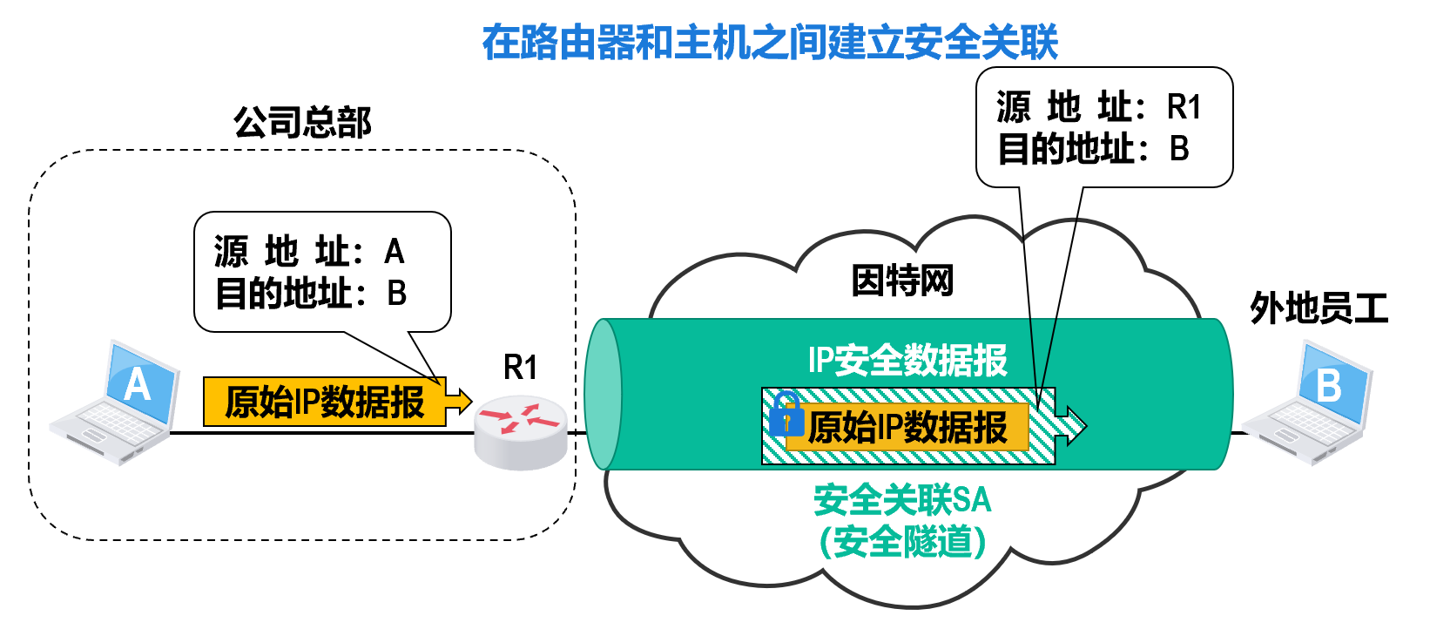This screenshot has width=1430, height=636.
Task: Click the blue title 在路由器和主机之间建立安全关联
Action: click(770, 42)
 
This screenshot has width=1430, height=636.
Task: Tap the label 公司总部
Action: click(302, 123)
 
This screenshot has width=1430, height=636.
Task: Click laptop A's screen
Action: click(139, 384)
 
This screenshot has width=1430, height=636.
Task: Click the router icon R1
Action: click(521, 431)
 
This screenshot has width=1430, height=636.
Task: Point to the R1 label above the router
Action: click(521, 368)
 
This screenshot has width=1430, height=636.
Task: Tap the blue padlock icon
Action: click(786, 415)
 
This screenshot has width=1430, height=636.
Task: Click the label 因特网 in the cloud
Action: click(902, 281)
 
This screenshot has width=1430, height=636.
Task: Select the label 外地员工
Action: click(1319, 308)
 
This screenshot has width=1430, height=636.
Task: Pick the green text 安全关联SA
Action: click(902, 500)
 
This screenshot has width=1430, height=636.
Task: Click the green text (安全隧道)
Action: click(902, 542)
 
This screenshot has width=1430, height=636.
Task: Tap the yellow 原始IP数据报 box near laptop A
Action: click(324, 402)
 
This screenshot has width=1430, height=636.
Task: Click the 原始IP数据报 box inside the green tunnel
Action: click(907, 428)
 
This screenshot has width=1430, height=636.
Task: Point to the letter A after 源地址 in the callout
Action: click(395, 252)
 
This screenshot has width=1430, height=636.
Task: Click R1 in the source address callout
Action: click(1184, 107)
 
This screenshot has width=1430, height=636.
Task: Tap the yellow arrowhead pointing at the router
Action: click(459, 402)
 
